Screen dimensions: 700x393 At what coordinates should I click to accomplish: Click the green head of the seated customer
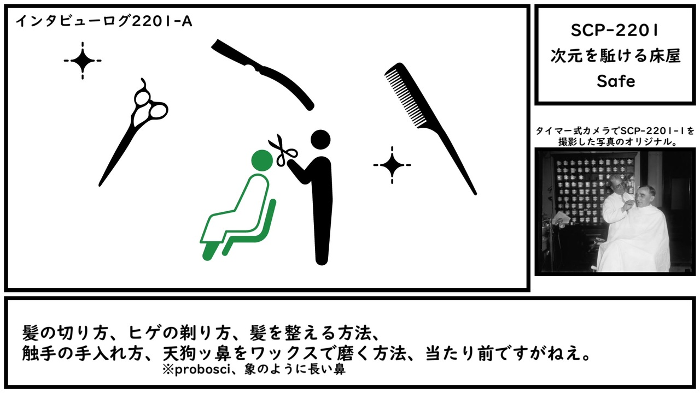[x=262, y=160]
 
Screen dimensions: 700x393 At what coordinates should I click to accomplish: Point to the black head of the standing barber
[x=320, y=140]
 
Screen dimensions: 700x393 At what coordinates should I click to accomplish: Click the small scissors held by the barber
[x=282, y=151]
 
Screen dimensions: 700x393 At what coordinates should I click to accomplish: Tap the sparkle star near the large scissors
[x=83, y=61]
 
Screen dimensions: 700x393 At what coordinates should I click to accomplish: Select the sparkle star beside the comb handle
[x=392, y=165]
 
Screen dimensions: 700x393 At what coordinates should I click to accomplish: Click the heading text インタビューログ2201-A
[x=104, y=21]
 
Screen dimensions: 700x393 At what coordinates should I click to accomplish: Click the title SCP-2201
[x=615, y=31]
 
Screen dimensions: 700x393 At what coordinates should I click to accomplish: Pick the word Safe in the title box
[x=616, y=81]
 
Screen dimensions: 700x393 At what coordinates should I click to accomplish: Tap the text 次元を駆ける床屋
[x=615, y=56]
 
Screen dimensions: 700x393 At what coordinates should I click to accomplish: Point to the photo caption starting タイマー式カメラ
[x=615, y=136]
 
